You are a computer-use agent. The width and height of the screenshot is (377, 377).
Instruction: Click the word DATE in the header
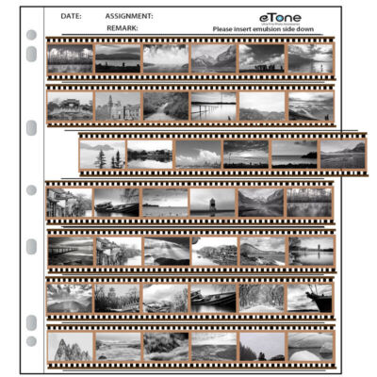(x=71, y=16)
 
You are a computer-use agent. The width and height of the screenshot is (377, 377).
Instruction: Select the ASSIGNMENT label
(x=129, y=16)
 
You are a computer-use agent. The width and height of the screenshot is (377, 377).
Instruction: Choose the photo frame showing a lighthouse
(x=212, y=202)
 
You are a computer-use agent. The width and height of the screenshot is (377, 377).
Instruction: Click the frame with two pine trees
(x=103, y=154)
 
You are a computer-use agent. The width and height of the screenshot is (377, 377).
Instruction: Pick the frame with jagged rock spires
(x=70, y=346)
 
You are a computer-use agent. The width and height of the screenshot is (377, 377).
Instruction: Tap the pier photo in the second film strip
(x=214, y=106)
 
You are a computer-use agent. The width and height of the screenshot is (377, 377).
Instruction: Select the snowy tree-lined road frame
(x=262, y=298)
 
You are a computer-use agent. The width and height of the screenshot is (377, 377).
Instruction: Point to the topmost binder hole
(x=31, y=36)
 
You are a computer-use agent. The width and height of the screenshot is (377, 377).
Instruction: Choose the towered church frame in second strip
(x=118, y=106)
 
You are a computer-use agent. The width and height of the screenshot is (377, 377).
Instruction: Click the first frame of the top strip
(x=70, y=58)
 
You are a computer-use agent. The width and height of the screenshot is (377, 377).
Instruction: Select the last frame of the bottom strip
(x=310, y=346)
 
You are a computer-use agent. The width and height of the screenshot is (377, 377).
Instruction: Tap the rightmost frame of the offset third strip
(x=342, y=154)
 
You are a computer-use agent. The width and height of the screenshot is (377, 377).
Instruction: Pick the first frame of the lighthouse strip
(x=70, y=202)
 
